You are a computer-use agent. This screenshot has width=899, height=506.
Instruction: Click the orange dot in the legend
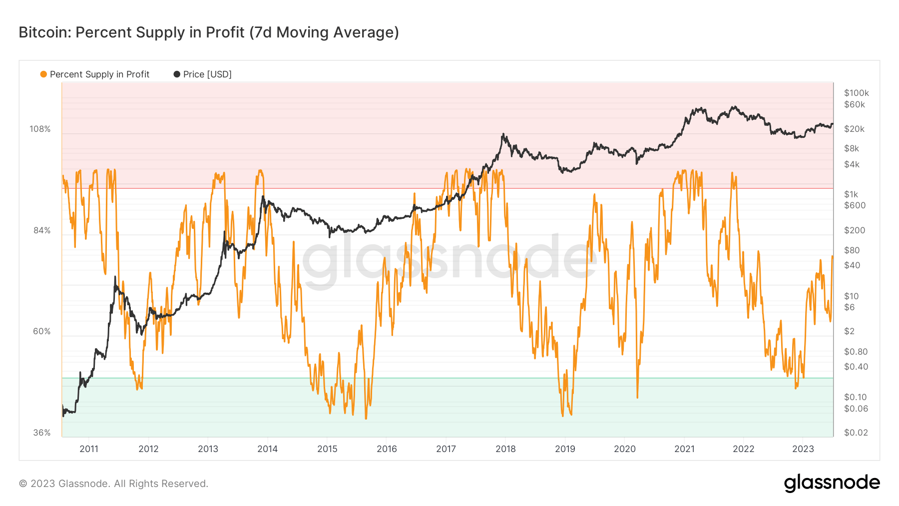point(43,74)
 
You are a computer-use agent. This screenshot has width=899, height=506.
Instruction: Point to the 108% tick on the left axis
point(40,129)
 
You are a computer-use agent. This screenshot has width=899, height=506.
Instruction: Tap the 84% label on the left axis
point(42,230)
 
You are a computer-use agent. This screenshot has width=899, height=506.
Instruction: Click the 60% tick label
point(42,331)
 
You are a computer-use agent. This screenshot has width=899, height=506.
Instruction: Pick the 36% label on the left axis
point(42,433)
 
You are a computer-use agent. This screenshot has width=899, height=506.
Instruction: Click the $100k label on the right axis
point(856,93)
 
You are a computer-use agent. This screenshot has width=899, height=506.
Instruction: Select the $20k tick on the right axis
point(854,129)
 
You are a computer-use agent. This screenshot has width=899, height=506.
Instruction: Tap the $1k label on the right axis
point(851,194)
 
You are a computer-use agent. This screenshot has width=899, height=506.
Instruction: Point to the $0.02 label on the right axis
point(856,433)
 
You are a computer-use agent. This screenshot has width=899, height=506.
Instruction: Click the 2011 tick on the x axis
point(89,449)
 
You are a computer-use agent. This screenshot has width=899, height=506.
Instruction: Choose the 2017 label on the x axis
point(446,449)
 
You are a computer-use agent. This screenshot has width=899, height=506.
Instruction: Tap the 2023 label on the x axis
point(803,449)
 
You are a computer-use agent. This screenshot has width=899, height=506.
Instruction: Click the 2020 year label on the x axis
point(625,449)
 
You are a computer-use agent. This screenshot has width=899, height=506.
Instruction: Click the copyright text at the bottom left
point(113,484)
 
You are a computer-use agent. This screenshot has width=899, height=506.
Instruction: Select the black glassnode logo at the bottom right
point(832,483)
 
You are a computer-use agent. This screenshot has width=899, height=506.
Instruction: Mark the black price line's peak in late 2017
point(503,134)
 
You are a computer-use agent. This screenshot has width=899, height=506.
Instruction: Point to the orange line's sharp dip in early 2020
point(637,397)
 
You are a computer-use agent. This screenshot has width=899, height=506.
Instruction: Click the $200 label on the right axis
point(854,230)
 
